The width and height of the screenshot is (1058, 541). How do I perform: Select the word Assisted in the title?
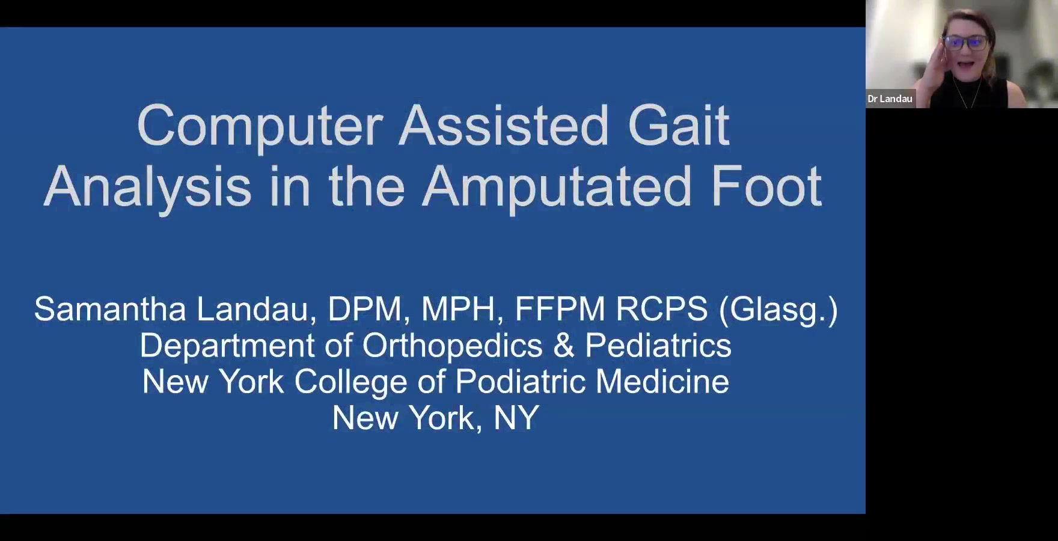click(504, 126)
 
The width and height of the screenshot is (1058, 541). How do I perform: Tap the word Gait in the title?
click(679, 126)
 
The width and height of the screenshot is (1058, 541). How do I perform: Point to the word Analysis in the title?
click(147, 188)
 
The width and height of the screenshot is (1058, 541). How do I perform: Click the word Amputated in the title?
click(557, 188)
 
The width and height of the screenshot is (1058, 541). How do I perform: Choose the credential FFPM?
click(560, 309)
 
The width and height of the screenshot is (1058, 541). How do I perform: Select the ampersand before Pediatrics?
click(564, 346)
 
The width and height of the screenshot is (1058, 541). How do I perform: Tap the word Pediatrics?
click(658, 346)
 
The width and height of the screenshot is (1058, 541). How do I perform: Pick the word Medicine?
click(662, 382)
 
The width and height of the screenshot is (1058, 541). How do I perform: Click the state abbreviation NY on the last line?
click(516, 418)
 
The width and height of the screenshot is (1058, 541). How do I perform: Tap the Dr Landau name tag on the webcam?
click(890, 99)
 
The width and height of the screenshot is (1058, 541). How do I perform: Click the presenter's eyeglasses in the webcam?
click(965, 43)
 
